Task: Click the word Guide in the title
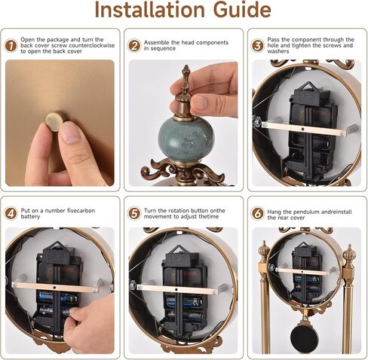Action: click(x=242, y=10)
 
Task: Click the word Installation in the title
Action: click(x=149, y=10)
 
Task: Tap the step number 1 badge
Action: click(x=11, y=45)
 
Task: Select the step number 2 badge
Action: click(x=134, y=45)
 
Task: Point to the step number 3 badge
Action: click(x=258, y=45)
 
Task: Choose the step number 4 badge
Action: click(x=11, y=213)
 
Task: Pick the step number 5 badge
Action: click(x=134, y=213)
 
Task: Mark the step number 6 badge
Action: click(x=258, y=213)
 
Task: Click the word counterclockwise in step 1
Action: click(x=92, y=45)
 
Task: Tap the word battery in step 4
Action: click(x=30, y=217)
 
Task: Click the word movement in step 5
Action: click(x=155, y=216)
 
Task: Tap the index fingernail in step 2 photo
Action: click(x=200, y=102)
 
